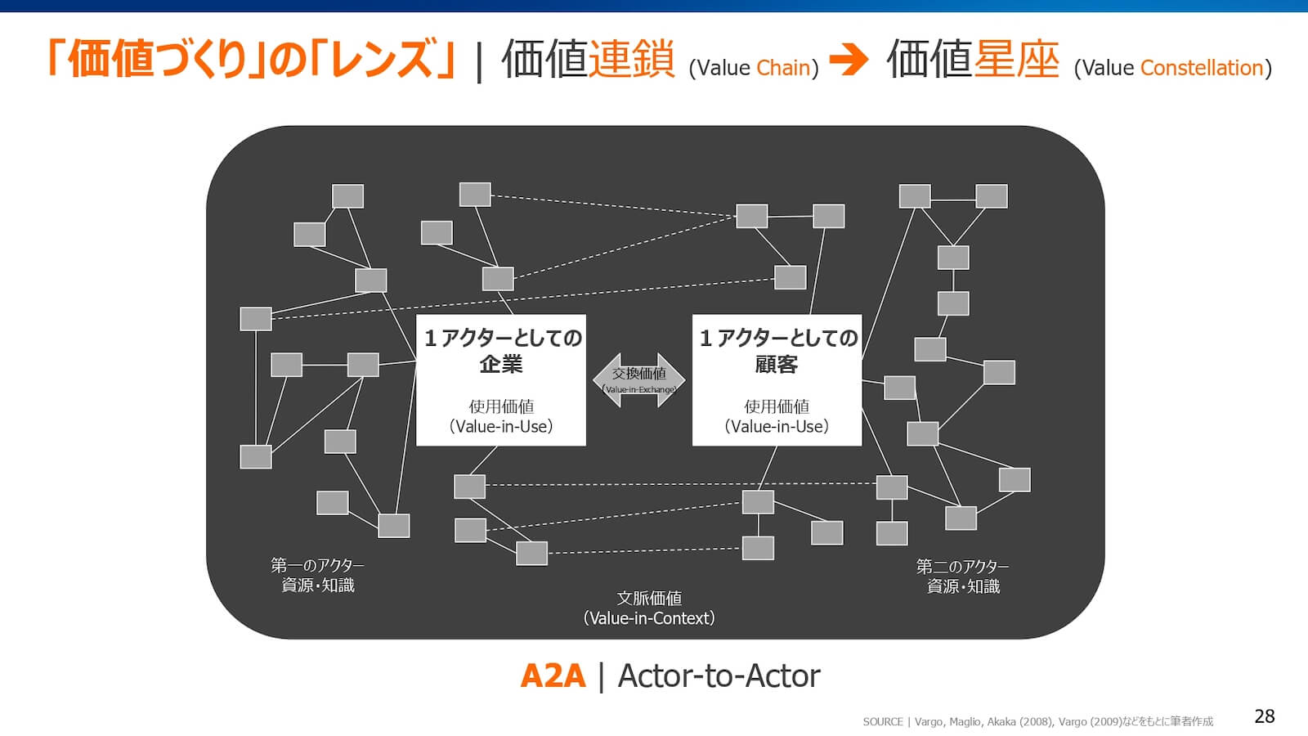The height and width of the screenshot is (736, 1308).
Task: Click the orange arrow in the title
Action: [849, 59]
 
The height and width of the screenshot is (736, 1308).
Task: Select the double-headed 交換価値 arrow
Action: [639, 379]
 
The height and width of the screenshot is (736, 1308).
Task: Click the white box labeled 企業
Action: [501, 379]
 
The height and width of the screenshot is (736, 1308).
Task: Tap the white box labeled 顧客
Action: [777, 379]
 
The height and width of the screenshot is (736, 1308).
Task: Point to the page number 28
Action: [1264, 716]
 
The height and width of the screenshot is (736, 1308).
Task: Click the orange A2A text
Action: [553, 676]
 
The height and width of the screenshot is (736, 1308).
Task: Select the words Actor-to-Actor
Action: [719, 676]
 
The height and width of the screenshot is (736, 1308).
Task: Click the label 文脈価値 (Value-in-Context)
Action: [649, 608]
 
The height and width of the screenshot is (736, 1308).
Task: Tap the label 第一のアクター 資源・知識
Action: [318, 575]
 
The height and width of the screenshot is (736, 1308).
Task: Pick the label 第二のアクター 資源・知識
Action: [963, 576]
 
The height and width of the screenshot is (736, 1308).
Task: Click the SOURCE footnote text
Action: [1037, 721]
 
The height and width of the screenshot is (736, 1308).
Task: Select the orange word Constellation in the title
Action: [1202, 68]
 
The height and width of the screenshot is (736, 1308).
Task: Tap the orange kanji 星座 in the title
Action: [1015, 59]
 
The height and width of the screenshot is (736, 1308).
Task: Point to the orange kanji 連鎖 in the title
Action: [631, 59]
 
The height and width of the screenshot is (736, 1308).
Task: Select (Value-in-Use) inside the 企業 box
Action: [501, 426]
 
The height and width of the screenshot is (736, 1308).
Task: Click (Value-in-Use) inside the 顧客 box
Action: [777, 426]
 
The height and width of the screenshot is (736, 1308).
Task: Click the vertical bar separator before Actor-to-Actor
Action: [602, 676]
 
